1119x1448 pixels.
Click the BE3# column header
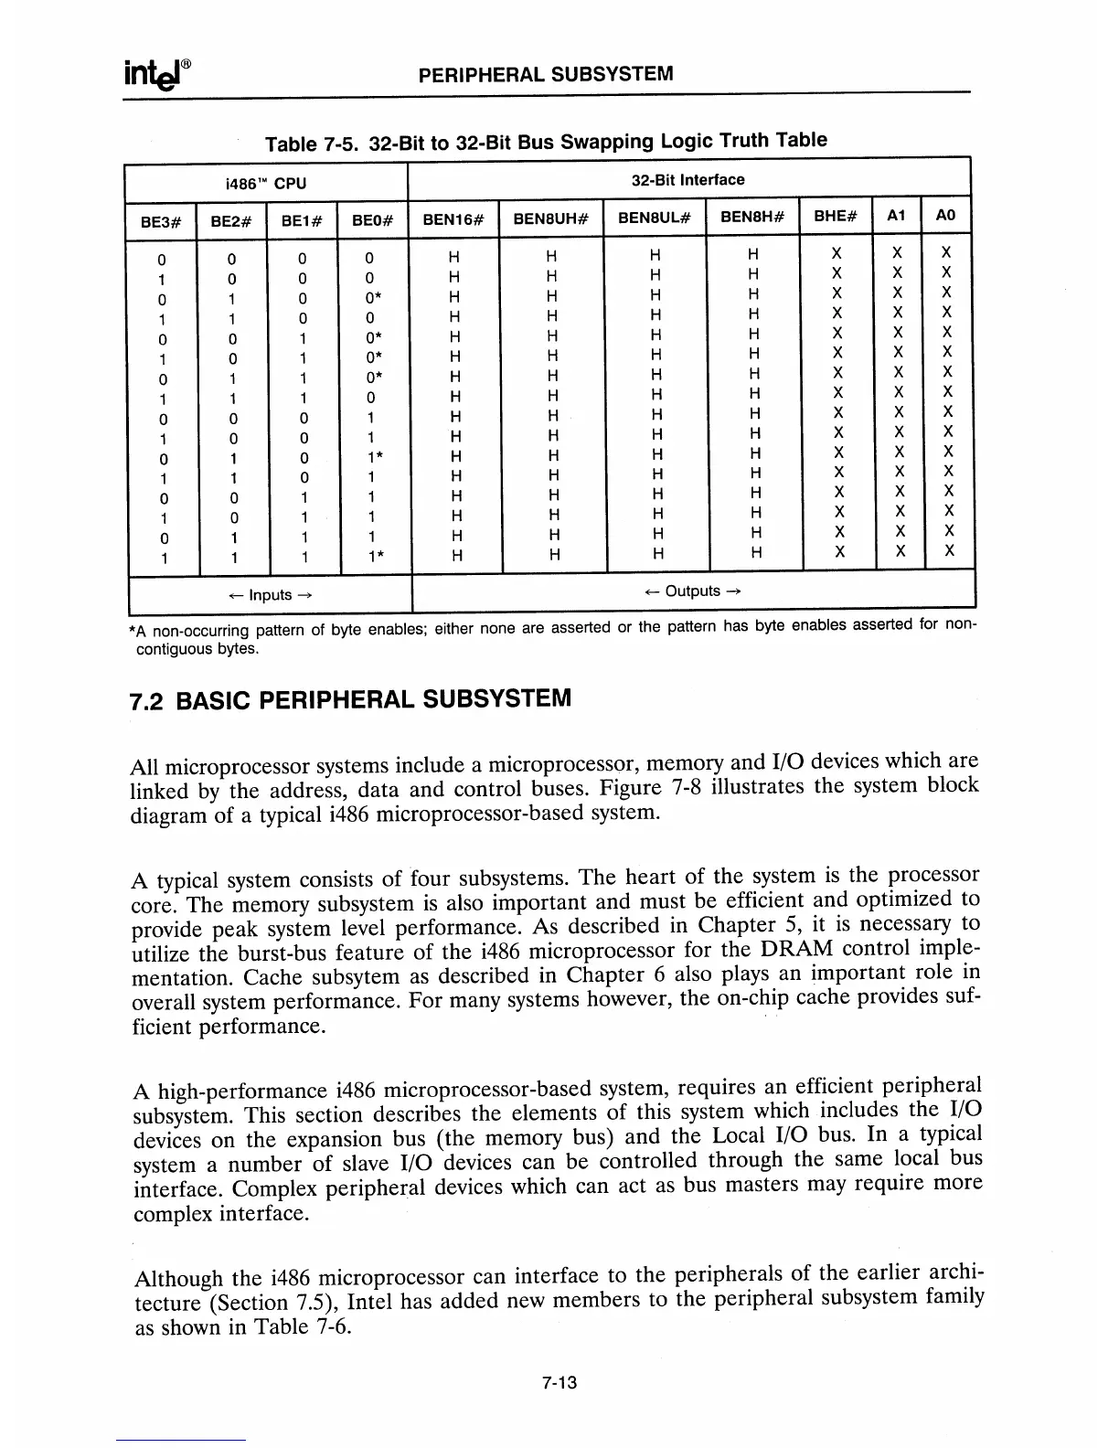click(x=161, y=219)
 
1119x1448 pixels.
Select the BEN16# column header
click(x=453, y=218)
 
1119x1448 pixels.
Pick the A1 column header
click(x=897, y=216)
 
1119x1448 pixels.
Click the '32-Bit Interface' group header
click(x=687, y=180)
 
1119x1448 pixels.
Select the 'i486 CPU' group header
click(x=265, y=184)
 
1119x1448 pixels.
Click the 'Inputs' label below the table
click(x=270, y=595)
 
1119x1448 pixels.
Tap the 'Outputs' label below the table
click(x=692, y=591)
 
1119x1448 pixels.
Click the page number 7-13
click(x=559, y=1384)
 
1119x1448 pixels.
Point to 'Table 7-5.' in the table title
click(x=312, y=144)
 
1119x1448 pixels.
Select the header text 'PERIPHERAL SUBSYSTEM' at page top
click(x=545, y=74)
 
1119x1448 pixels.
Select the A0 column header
click(x=946, y=216)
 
